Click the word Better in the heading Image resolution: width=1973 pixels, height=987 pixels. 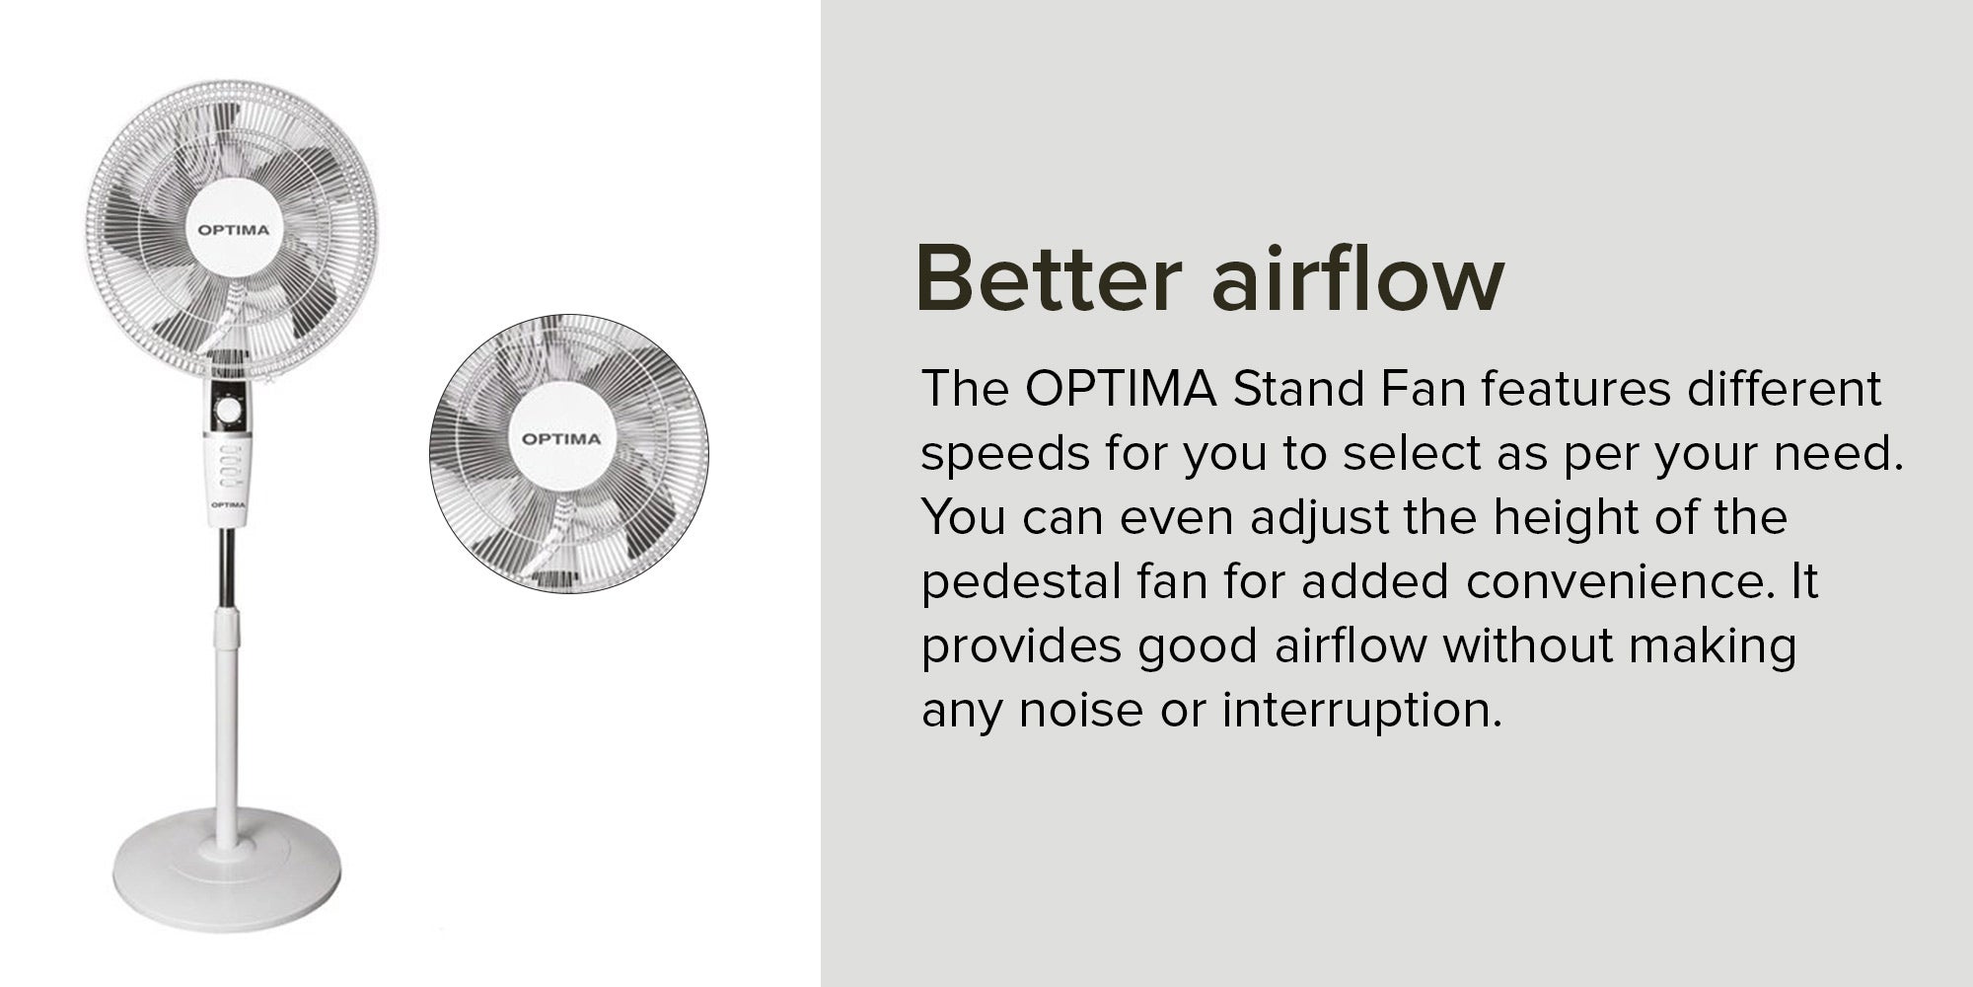coord(1049,278)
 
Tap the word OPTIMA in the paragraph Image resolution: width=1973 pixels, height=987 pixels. coord(1120,389)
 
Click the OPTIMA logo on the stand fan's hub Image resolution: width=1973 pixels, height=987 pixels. coord(233,230)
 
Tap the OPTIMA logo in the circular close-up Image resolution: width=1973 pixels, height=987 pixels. coord(560,438)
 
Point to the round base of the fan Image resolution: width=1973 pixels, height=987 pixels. coord(227,870)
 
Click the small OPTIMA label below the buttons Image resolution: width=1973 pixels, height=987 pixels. coord(228,504)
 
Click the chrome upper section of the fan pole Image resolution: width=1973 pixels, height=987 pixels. coord(227,569)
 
